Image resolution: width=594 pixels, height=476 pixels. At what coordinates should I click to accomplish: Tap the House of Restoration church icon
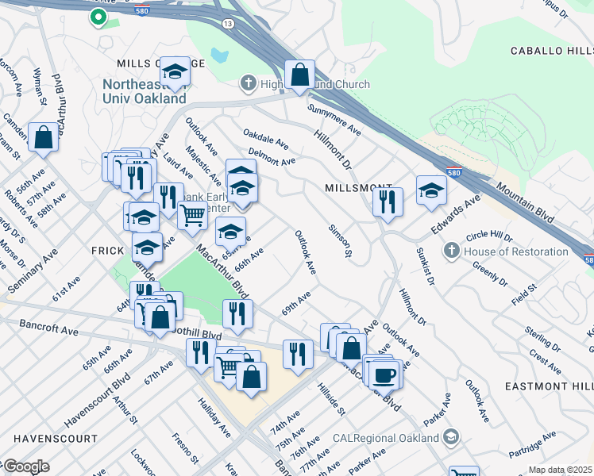451,251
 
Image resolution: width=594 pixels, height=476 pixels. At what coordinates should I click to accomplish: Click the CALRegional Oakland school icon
451,437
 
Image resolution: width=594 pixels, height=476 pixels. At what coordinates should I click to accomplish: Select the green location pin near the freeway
98,17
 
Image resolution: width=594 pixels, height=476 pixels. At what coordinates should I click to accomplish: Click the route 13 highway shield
229,25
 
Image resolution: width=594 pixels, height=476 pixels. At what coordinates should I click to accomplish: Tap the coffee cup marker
384,374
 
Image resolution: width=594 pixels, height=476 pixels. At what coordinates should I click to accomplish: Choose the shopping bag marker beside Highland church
300,76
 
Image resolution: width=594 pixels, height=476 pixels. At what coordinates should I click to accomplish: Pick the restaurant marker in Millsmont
388,202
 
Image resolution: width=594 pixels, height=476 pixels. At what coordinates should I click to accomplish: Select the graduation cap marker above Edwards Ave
431,190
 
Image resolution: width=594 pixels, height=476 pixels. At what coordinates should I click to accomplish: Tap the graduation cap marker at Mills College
175,72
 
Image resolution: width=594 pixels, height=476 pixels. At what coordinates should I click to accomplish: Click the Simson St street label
339,241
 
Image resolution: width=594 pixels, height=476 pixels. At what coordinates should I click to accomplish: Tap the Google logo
25,466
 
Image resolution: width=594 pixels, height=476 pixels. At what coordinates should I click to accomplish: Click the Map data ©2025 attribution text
560,470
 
